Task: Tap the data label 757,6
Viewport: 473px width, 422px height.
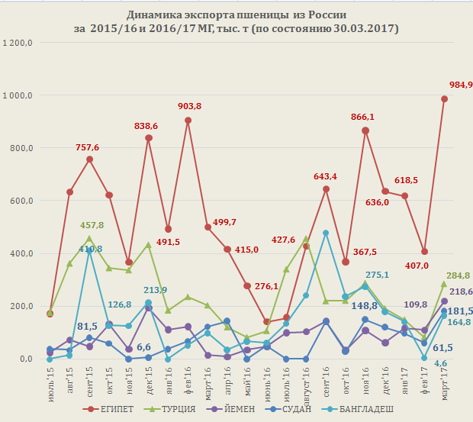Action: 89,147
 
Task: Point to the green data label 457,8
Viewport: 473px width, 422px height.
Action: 90,226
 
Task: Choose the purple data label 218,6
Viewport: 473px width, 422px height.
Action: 459,292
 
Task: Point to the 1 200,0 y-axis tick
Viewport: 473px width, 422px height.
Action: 17,43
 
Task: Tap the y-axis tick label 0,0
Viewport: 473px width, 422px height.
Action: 25,359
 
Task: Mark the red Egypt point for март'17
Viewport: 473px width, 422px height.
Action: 444,98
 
